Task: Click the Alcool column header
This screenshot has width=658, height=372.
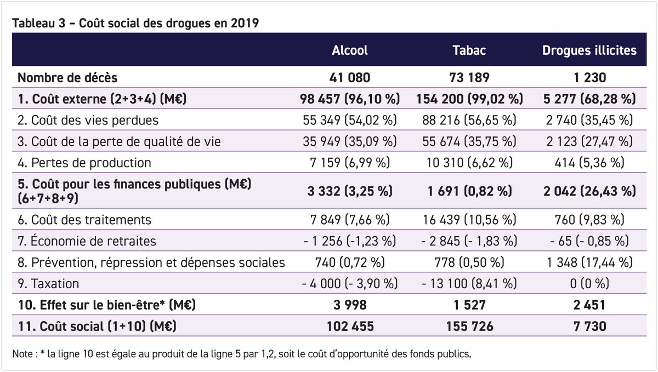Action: click(350, 50)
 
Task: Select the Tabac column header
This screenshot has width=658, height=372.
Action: click(470, 50)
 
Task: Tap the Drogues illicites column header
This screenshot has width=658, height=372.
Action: click(589, 50)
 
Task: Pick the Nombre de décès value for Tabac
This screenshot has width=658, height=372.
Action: click(470, 78)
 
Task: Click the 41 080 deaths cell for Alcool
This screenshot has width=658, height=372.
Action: click(350, 78)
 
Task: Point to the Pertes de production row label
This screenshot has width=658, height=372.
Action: click(84, 163)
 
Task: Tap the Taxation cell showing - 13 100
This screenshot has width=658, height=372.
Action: click(470, 284)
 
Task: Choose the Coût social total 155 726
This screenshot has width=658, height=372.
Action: click(470, 327)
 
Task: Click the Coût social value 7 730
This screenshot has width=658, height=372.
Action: click(589, 327)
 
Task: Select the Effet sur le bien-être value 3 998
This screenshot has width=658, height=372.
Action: click(350, 305)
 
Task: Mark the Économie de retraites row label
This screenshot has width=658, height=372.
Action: click(87, 241)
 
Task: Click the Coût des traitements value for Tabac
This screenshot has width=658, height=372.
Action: click(470, 220)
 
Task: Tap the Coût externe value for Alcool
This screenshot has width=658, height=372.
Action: click(350, 99)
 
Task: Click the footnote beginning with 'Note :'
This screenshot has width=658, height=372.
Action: click(241, 354)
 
